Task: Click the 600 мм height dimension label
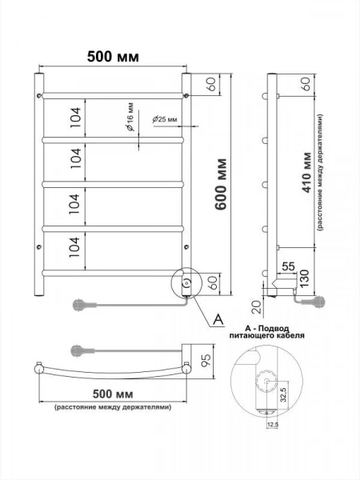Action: coord(221,184)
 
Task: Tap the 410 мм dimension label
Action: coord(306,173)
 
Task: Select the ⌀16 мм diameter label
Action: coord(130,117)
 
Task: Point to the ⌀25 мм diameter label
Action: coord(165,119)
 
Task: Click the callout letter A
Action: coord(218,319)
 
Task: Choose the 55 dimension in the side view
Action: coord(288,266)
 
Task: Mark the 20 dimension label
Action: coord(257,307)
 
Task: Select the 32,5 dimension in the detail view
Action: coord(283,394)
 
